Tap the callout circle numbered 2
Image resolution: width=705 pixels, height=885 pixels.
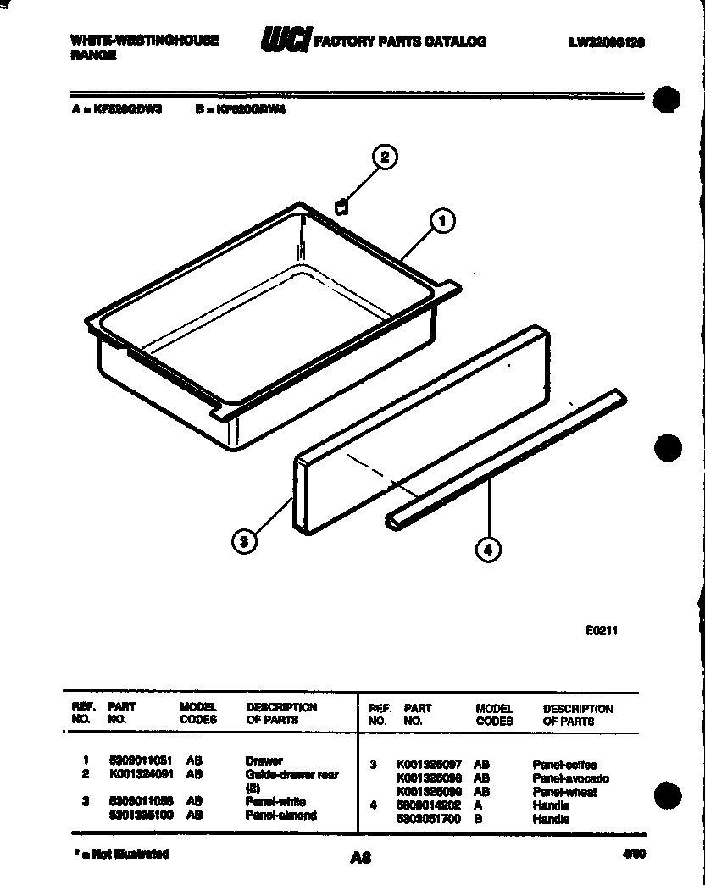[x=385, y=158]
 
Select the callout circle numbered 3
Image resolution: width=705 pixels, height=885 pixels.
[x=243, y=542]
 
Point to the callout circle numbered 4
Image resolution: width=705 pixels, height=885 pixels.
[x=486, y=550]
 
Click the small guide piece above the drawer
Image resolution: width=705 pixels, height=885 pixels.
[x=341, y=207]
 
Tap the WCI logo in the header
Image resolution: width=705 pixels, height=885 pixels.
[x=285, y=40]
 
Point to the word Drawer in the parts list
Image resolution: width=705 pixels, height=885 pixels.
[x=264, y=761]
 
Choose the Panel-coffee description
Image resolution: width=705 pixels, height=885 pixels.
[x=564, y=765]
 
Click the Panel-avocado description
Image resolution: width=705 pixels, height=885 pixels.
[x=570, y=778]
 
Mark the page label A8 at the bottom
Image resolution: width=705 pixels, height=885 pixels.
[x=361, y=857]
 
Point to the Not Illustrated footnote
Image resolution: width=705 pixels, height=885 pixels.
[x=122, y=854]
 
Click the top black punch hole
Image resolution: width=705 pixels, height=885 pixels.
[x=669, y=99]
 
